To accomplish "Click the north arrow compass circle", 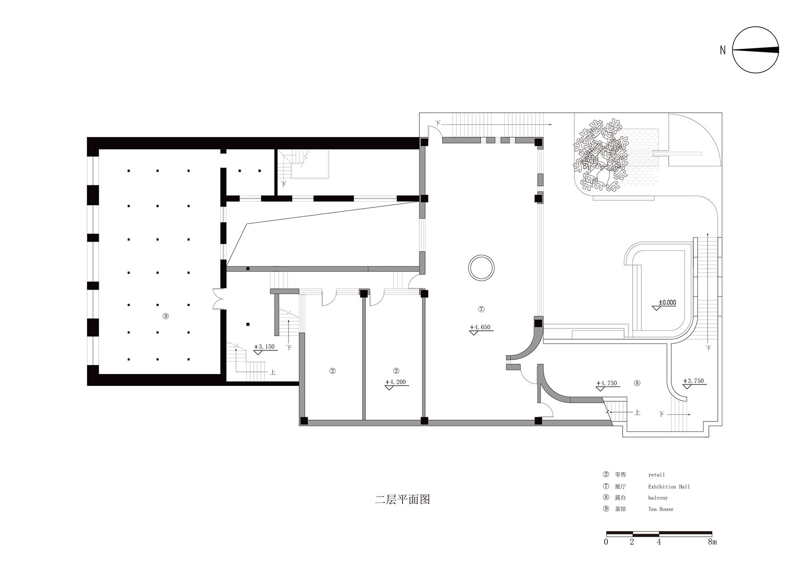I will tap(756, 50).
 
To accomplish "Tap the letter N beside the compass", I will tap(723, 51).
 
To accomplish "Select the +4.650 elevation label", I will tap(480, 327).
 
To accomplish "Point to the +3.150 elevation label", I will tap(264, 346).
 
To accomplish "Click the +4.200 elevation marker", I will tap(396, 382).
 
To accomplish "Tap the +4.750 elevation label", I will tap(607, 383).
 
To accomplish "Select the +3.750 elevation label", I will tap(693, 381).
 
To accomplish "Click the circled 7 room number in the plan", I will tap(481, 309).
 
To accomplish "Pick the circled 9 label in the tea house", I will tap(166, 316).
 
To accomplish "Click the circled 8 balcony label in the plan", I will tap(637, 383).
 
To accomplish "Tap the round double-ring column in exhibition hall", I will tap(481, 268).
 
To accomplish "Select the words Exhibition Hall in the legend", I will tap(669, 487).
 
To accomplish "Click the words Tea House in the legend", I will tap(661, 509).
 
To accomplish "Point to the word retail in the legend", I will tap(657, 475).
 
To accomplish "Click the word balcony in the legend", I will tap(658, 498).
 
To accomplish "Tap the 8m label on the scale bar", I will tap(712, 542).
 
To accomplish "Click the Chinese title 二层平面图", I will tap(402, 499).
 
